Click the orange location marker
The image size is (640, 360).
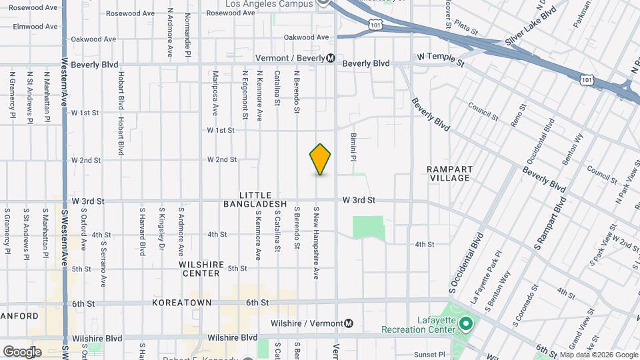pos(320,159)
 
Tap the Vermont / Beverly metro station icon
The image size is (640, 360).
pos(331,58)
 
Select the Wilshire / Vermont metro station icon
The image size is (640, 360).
pos(348,324)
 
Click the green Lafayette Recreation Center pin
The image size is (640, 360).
pos(466,325)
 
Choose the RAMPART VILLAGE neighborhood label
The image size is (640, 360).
pos(449,173)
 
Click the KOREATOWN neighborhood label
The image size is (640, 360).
pos(181,303)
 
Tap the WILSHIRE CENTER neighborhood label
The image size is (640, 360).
pos(200,269)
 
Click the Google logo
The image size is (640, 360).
pos(22,352)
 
